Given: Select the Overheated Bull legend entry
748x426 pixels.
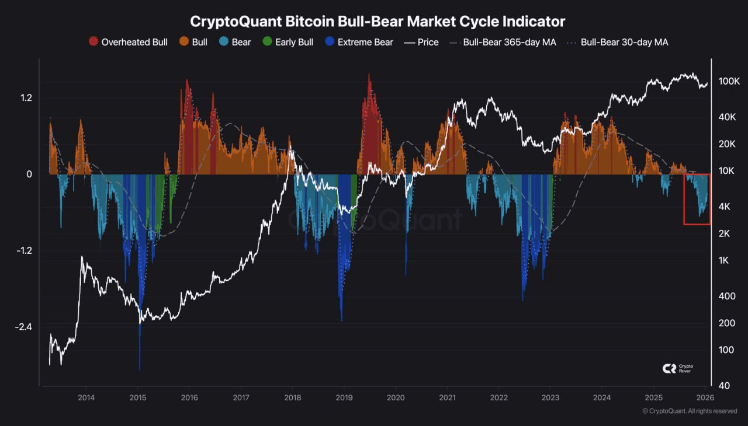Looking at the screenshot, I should [x=128, y=42].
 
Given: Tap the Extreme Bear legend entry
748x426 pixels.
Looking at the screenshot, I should [x=359, y=42].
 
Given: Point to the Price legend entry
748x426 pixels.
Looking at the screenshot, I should [x=422, y=42].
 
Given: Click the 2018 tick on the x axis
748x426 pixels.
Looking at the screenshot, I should [x=292, y=398].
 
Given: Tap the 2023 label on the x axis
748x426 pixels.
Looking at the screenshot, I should [x=550, y=398].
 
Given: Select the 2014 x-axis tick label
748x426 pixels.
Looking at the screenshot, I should [x=86, y=398].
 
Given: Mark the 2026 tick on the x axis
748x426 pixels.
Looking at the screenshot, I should [x=705, y=398].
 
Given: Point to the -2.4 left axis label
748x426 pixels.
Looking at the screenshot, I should [x=23, y=326].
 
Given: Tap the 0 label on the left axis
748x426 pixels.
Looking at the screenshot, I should [x=29, y=174].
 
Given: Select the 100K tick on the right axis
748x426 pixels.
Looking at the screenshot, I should [x=729, y=81].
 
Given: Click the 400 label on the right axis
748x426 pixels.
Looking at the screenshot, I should [x=726, y=296].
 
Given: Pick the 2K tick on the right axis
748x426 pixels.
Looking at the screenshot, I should [x=725, y=233].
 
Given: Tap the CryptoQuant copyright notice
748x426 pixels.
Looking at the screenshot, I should [x=690, y=411].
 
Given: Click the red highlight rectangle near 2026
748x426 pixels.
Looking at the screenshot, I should [x=697, y=199].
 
